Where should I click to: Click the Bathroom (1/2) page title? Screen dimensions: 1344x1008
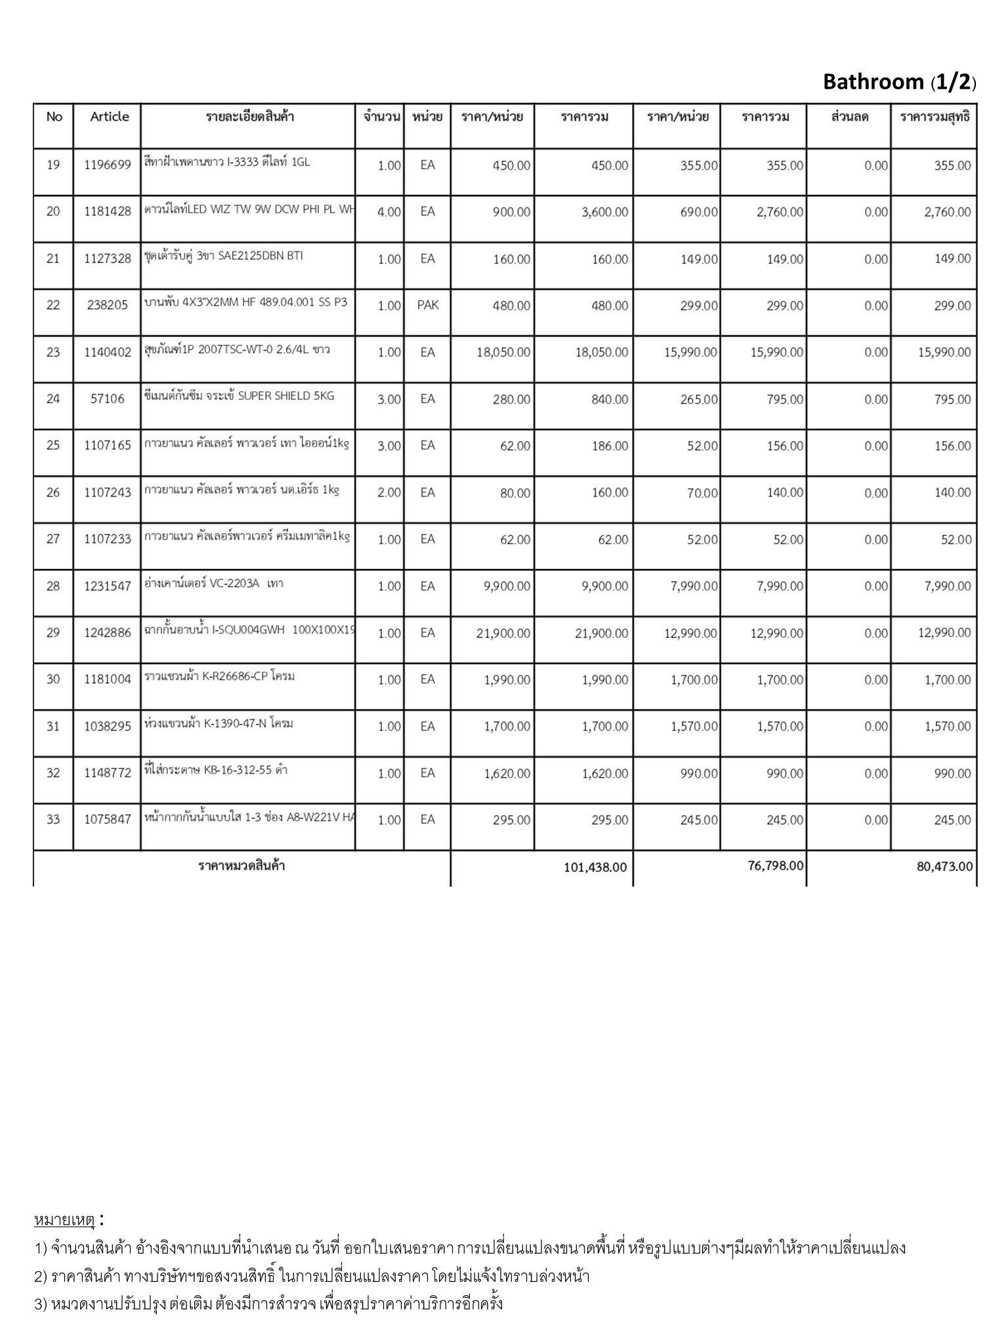coord(899,82)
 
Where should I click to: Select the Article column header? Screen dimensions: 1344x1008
coord(110,117)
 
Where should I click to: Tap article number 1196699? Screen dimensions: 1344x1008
coord(108,165)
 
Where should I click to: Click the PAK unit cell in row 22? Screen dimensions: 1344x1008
coord(428,305)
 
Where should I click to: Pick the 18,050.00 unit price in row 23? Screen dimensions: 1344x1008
coord(503,352)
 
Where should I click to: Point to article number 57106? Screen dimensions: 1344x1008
coord(108,399)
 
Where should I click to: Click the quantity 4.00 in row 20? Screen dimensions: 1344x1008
coord(389,212)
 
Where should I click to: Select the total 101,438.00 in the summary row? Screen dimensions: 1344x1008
coord(595,868)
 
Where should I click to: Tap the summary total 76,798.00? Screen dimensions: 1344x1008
coord(775,866)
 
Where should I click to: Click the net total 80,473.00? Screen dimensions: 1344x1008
coord(944,867)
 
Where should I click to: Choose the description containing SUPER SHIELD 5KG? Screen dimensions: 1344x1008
coord(239,396)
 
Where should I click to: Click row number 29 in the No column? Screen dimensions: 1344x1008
coord(53,633)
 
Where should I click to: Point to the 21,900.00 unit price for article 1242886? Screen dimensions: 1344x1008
coord(503,633)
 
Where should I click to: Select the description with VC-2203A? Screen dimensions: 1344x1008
coord(214,583)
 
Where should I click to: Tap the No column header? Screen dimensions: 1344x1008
coord(54,117)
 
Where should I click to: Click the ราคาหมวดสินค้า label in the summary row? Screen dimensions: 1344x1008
coord(241,866)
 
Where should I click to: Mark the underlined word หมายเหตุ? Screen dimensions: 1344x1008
coord(64,1220)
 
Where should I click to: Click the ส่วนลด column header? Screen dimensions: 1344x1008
coord(849,117)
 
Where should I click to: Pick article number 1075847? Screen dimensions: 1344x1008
coord(108,820)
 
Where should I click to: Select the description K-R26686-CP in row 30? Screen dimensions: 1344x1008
coord(219,676)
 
